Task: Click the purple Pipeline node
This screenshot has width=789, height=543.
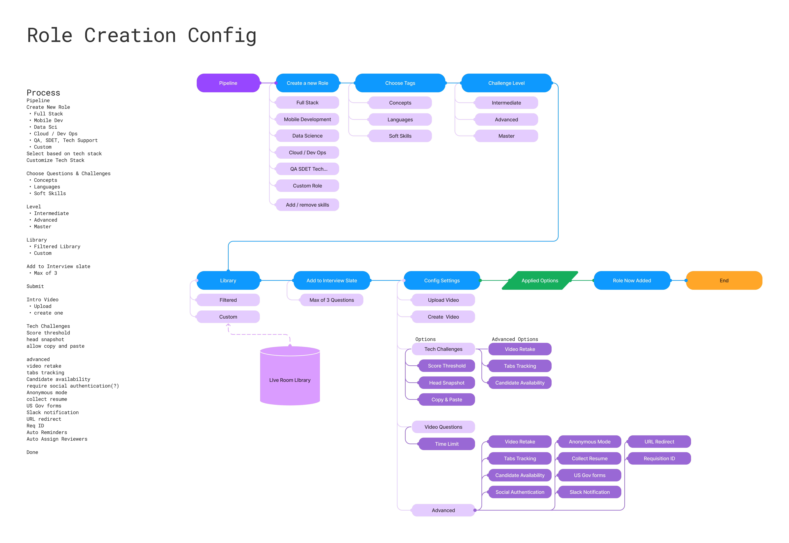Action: click(228, 83)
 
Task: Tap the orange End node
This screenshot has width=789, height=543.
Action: click(724, 280)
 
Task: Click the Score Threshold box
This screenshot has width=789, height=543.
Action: click(447, 366)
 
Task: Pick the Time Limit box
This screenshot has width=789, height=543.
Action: click(447, 444)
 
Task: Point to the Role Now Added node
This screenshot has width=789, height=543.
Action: click(632, 280)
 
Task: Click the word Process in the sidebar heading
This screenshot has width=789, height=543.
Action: click(43, 93)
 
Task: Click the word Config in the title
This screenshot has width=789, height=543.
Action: click(222, 36)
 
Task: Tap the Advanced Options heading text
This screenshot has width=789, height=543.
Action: click(515, 339)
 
